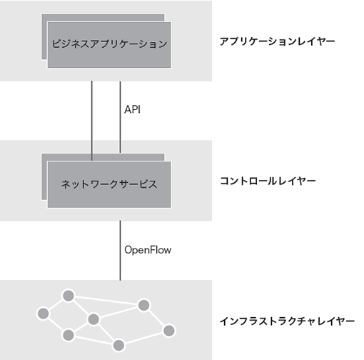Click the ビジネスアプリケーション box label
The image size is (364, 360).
pos(109,44)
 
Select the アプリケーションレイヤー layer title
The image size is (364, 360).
pos(277,41)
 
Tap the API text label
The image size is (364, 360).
pos(132,109)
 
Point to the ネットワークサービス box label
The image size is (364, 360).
pos(109,184)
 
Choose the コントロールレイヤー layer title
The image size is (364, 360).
pos(268,181)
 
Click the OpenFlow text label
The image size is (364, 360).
pos(148,250)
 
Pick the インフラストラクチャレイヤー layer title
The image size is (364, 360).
pos(287,321)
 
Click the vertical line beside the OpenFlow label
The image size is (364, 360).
pos(120,251)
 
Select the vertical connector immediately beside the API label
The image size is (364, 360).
pos(120,117)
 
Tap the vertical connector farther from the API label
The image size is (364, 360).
pos(92,121)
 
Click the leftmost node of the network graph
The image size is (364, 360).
pos(44,314)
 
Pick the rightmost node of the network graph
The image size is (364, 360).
pos(169,331)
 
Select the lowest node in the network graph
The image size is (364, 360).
pos(118,345)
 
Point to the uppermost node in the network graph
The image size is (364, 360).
pos(69,296)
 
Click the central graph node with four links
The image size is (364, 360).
pos(93,319)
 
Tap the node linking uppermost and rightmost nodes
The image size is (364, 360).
pos(143,305)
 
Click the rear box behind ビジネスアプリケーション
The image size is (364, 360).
pos(44,36)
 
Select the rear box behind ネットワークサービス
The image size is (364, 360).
pos(44,177)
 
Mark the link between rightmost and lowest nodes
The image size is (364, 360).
pos(144,338)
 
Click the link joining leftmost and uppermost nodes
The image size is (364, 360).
pos(56,304)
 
